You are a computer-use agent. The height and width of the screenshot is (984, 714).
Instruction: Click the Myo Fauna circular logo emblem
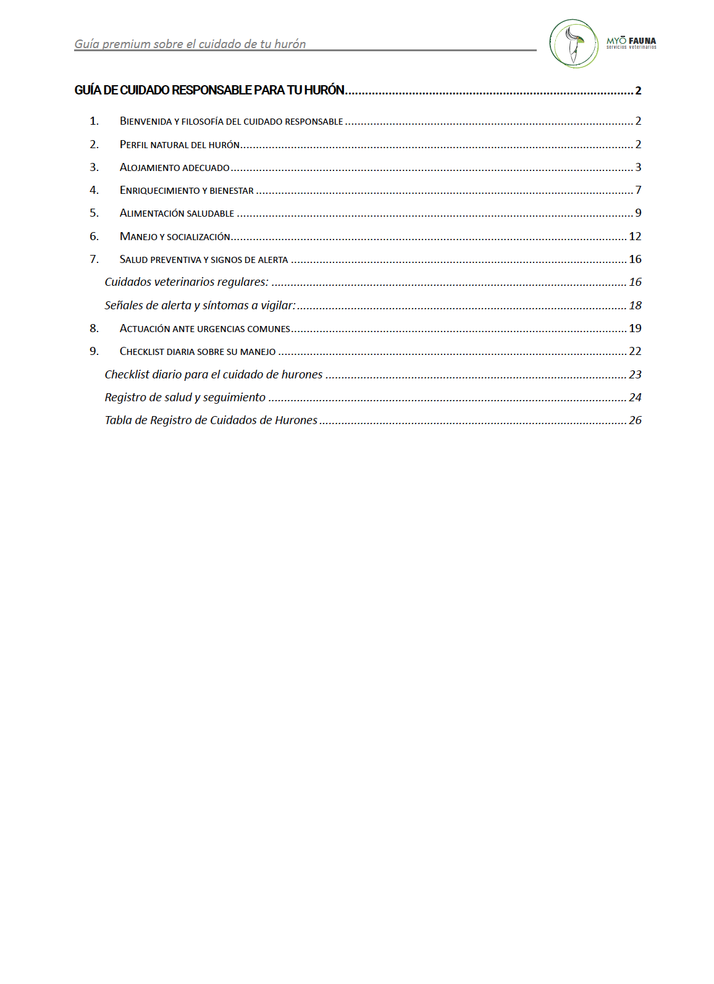coord(573,43)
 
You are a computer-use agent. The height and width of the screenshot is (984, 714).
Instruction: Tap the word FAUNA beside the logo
coord(642,41)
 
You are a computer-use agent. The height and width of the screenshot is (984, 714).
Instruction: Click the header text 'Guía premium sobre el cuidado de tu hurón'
coord(190,44)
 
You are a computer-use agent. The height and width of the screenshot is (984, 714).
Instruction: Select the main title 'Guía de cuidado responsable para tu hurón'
coord(209,90)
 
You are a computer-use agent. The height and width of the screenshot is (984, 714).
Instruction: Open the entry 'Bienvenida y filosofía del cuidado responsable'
coord(231,121)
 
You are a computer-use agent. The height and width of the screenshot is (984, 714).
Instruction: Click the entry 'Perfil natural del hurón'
coord(180,144)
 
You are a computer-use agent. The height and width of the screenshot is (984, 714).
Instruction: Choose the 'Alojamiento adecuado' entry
coord(175,167)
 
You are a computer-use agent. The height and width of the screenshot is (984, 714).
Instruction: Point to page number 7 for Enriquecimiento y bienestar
coord(638,190)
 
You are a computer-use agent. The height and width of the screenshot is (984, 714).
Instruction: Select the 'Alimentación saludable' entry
coord(177,213)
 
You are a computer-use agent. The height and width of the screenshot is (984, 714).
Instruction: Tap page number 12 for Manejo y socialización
coord(635,236)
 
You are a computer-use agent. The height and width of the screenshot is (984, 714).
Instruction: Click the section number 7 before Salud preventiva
coord(94,259)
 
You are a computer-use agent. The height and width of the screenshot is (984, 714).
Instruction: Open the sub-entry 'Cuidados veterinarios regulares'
coord(187,282)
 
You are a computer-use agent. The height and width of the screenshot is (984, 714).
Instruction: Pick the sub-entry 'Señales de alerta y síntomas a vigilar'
coord(200,306)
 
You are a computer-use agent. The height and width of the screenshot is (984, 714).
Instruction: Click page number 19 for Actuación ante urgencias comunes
coord(635,328)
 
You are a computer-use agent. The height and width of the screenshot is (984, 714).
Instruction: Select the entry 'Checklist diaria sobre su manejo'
coord(198,351)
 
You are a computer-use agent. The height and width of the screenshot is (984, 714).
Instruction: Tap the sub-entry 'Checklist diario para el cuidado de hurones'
coord(214,375)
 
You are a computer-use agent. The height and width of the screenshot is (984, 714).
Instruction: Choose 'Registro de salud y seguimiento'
coord(185,398)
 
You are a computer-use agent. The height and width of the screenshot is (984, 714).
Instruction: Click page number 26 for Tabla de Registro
coord(635,420)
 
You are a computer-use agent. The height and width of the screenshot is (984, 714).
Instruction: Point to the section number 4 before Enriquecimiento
coord(94,190)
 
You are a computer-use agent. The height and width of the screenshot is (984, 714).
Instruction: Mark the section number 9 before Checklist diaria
coord(94,351)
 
